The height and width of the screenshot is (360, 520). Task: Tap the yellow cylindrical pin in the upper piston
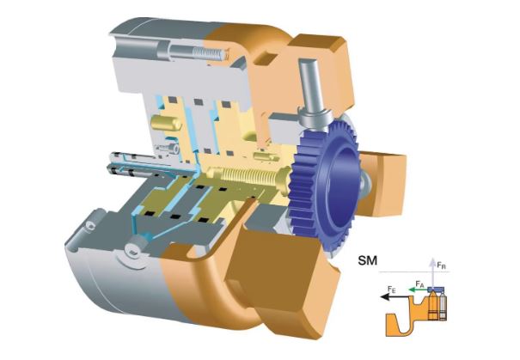(166, 123)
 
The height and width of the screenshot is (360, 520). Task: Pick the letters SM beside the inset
(368, 260)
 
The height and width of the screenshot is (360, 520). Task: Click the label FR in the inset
(441, 265)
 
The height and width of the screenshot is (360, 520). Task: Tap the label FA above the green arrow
(419, 284)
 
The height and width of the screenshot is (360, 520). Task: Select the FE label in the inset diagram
(391, 289)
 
